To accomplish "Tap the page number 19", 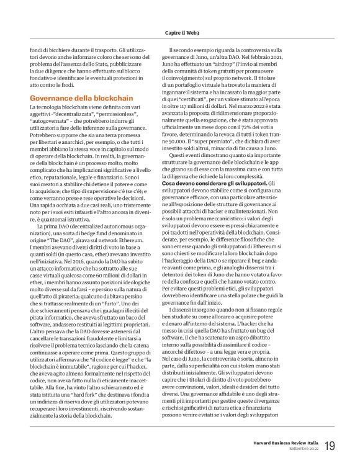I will (x=329, y=446).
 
